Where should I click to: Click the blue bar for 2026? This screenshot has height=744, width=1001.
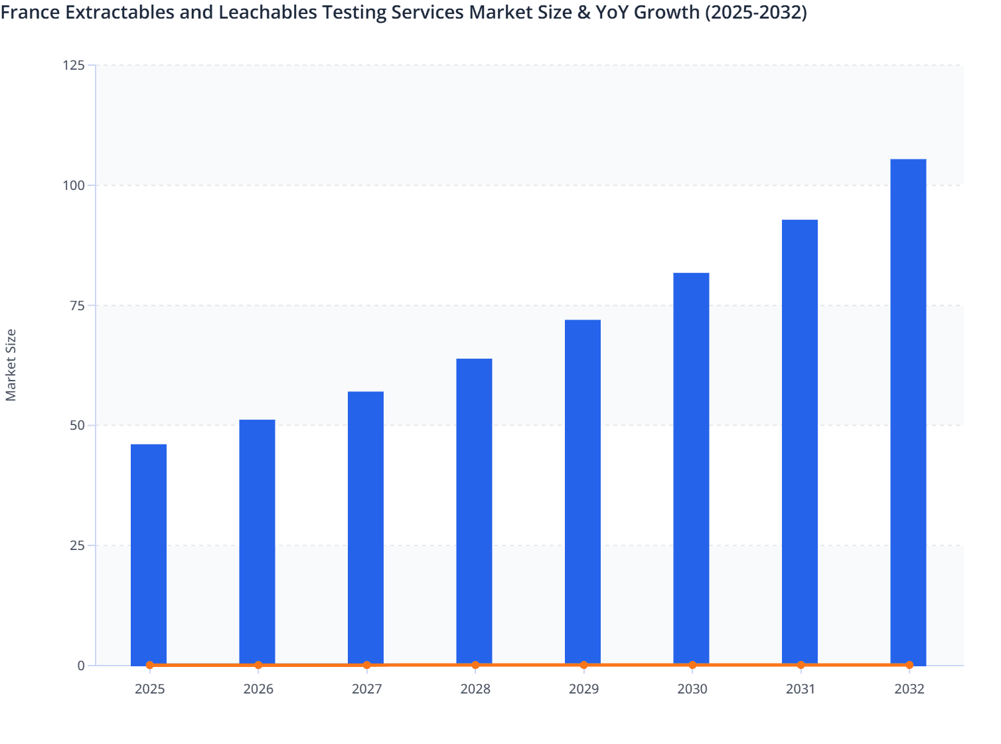pos(257,541)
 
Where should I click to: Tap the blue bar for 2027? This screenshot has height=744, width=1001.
pos(366,527)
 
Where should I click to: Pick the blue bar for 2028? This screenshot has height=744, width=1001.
pos(474,511)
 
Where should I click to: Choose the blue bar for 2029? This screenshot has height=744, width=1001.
pos(583,492)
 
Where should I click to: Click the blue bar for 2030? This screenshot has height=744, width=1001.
pos(691,468)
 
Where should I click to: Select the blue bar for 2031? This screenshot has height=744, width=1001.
pos(800,442)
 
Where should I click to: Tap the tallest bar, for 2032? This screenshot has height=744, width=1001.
pos(908,411)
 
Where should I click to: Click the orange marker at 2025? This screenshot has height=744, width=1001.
pos(150,665)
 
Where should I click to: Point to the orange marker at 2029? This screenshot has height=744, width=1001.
pos(583,665)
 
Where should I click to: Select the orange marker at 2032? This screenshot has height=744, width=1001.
pos(909,665)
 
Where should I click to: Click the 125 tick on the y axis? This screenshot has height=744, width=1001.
pos(74,65)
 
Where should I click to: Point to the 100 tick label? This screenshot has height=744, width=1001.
pos(74,185)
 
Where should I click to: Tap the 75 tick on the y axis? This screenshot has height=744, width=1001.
pos(77,306)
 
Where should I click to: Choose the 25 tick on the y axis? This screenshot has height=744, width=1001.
pos(77,545)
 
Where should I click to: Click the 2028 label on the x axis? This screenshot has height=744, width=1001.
pos(475,689)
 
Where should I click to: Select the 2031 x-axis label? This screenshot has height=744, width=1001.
pos(801,689)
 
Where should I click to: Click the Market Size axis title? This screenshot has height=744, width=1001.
pos(11,365)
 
